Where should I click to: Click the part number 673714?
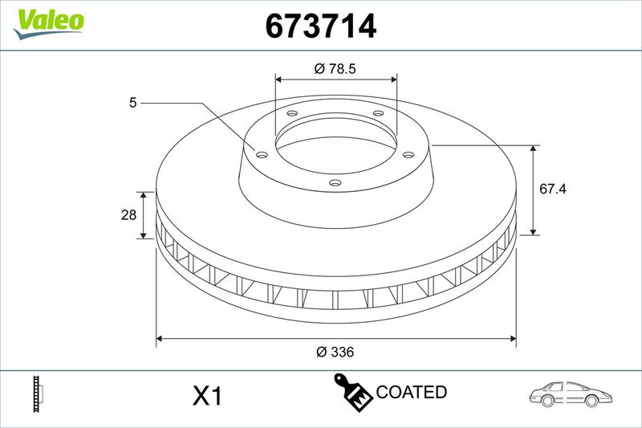(320, 26)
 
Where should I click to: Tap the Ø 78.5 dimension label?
(335, 68)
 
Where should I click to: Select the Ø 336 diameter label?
(335, 352)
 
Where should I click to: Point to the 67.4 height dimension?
(553, 189)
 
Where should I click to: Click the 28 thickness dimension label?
(128, 214)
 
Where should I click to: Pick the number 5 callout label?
(132, 103)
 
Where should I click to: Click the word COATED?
(411, 392)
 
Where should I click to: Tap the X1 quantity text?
(207, 396)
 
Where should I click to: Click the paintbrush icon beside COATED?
(352, 392)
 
